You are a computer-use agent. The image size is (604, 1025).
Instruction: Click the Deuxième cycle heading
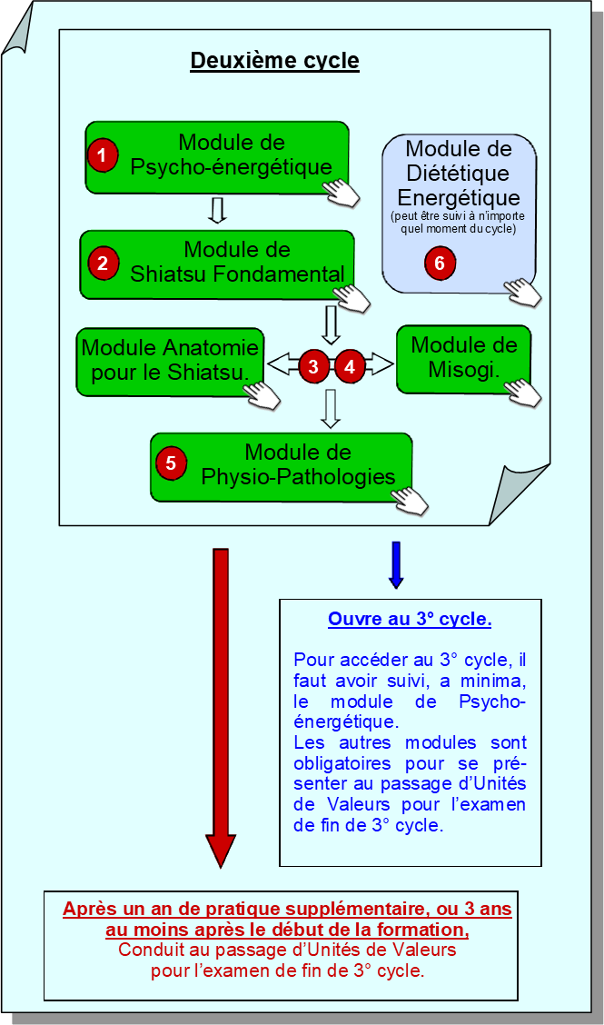274,62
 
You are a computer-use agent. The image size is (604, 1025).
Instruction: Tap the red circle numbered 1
103,155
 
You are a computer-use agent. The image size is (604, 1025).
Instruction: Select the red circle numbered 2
103,264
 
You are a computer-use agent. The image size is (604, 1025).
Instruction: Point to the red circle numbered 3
313,366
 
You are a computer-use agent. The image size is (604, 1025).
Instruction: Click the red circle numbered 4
350,366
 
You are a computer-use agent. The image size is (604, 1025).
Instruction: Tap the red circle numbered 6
440,263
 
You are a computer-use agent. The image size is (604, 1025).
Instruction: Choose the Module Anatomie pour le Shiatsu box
170,360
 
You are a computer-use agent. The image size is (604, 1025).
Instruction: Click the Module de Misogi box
463,357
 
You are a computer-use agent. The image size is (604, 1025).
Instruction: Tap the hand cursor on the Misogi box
523,392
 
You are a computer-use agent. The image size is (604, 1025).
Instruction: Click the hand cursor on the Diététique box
523,292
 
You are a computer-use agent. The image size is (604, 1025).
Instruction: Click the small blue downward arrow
395,564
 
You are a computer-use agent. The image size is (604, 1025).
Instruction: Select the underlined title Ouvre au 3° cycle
410,620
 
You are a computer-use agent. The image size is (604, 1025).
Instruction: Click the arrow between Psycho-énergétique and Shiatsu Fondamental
216,210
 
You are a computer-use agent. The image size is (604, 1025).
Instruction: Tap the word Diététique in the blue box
459,173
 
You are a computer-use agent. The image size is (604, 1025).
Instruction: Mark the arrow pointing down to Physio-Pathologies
331,408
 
